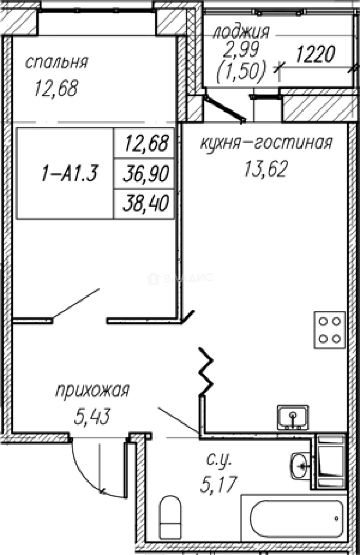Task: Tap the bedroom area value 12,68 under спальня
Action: [x=56, y=88]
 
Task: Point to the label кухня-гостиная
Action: [x=266, y=142]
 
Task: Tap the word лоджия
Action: [x=241, y=32]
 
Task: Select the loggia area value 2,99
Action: [x=241, y=50]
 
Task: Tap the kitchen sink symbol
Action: [x=293, y=417]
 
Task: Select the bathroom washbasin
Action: [x=299, y=466]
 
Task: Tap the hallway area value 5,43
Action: [x=93, y=416]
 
